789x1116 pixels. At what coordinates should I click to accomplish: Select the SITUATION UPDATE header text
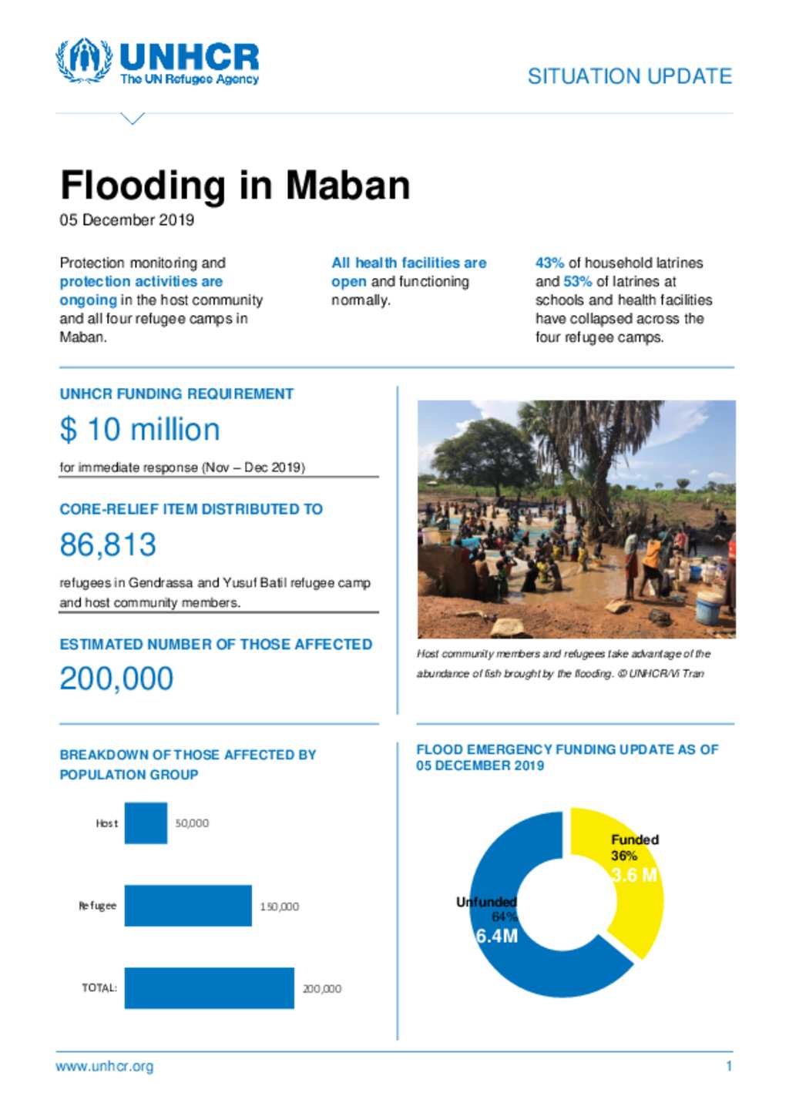[630, 76]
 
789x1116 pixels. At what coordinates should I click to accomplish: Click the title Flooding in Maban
[235, 186]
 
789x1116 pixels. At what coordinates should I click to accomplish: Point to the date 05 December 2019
[127, 220]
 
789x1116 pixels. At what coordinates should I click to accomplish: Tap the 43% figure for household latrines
[549, 263]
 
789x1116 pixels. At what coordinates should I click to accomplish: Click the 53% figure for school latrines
[577, 281]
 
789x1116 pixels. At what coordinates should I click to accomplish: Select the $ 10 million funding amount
[140, 430]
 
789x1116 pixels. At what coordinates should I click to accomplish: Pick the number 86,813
[108, 545]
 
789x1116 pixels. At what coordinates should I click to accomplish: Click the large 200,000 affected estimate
[116, 679]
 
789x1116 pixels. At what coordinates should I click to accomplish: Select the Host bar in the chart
[146, 823]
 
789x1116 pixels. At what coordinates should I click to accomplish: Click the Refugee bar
[188, 906]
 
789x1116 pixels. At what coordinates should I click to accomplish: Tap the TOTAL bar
[209, 988]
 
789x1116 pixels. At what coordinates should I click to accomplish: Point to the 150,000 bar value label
[279, 907]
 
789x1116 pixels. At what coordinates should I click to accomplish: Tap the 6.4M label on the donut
[496, 936]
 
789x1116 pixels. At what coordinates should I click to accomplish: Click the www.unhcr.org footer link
[105, 1067]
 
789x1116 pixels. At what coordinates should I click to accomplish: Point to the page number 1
[729, 1067]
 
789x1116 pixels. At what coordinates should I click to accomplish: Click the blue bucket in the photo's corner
[709, 608]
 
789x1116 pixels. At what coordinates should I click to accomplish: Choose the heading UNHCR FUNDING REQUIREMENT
[176, 394]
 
